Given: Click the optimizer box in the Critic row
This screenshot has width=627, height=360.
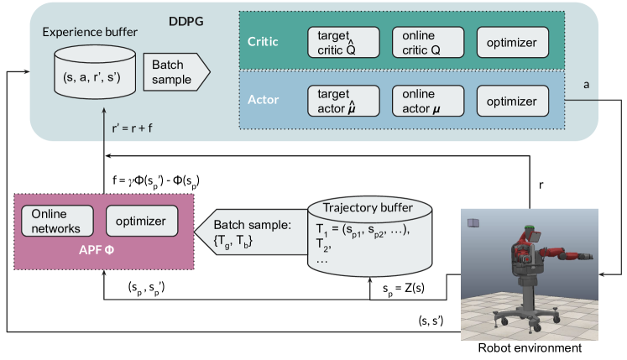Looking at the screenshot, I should tap(512, 41).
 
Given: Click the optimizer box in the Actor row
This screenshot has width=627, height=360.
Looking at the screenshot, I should tap(512, 101).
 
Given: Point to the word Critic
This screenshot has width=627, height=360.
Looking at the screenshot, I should tap(263, 40).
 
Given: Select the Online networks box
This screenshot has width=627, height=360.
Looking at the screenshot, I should tap(56, 222).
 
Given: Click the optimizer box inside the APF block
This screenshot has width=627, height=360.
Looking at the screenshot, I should tap(142, 222).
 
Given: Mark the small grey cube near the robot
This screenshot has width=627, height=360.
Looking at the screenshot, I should tap(473, 222).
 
